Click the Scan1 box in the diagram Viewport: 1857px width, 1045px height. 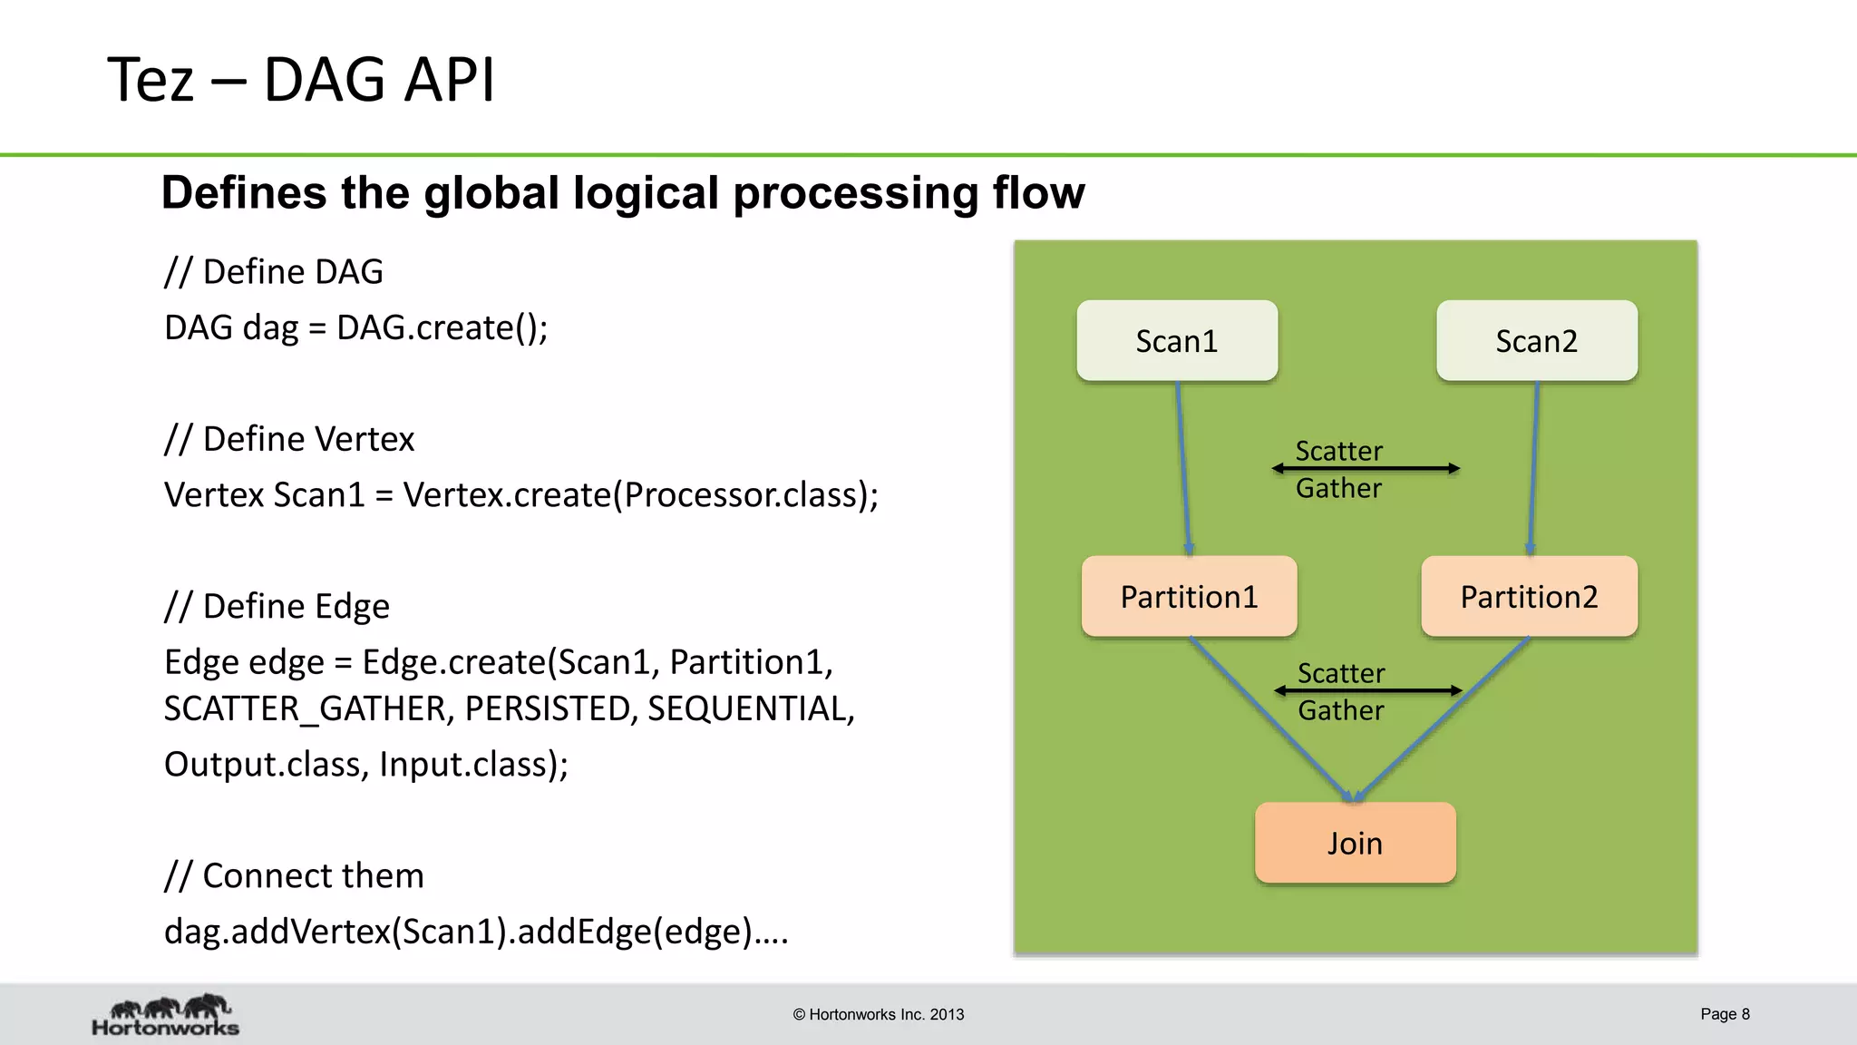pyautogui.click(x=1177, y=341)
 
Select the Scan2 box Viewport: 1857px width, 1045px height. pyautogui.click(x=1537, y=341)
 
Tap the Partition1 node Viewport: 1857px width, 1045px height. pyautogui.click(x=1189, y=597)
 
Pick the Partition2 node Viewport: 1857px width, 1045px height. pyautogui.click(x=1529, y=597)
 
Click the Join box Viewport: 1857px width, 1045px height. pyautogui.click(x=1355, y=843)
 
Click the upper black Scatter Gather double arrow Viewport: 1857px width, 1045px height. pyautogui.click(x=1366, y=468)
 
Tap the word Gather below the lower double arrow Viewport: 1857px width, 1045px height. pyautogui.click(x=1340, y=710)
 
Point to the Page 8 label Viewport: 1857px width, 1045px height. pyautogui.click(x=1725, y=1014)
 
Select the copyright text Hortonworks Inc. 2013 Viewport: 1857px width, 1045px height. pyautogui.click(x=878, y=1015)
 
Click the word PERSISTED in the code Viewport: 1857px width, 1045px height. pyautogui.click(x=547, y=708)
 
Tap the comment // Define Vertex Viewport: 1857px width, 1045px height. pyautogui.click(x=289, y=439)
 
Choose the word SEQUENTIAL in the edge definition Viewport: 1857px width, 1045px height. pyautogui.click(x=750, y=708)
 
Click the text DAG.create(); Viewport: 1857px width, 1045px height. pyautogui.click(x=442, y=327)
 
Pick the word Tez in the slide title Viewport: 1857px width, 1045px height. pyautogui.click(x=151, y=80)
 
